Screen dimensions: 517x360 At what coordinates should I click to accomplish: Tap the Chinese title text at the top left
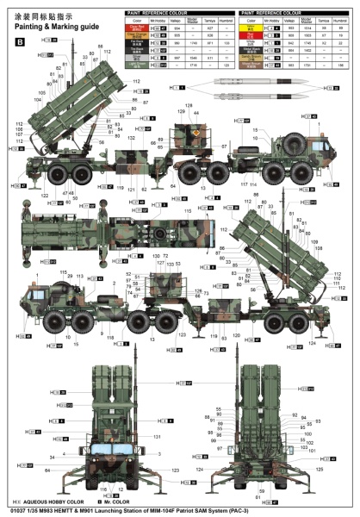(x=42, y=15)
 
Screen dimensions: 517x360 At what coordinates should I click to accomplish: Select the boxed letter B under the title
(x=20, y=41)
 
